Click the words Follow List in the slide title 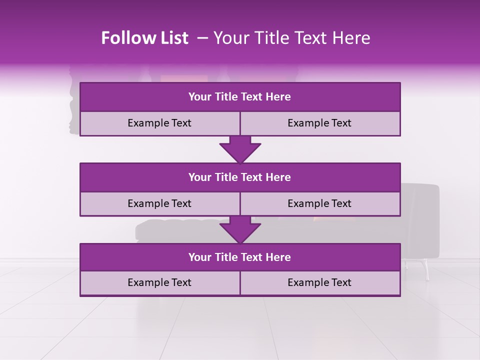(144, 38)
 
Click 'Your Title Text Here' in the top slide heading (291, 38)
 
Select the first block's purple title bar (240, 97)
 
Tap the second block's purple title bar (240, 177)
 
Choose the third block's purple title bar (240, 257)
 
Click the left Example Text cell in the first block (159, 123)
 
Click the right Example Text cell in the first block (319, 123)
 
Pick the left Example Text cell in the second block (159, 203)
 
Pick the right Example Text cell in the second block (319, 203)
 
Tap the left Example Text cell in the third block (159, 282)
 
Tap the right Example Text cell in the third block (319, 282)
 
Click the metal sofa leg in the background (426, 270)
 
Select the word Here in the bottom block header (278, 257)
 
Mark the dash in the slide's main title (202, 38)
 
